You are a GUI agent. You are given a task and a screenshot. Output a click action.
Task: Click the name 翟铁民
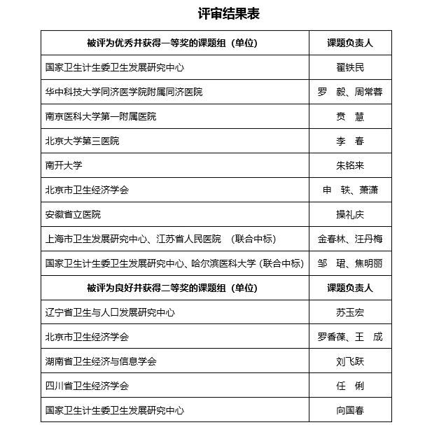click(350, 67)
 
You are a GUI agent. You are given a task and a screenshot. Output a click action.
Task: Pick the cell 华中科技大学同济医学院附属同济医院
click(124, 92)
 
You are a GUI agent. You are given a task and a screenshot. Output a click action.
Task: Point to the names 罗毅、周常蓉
click(350, 92)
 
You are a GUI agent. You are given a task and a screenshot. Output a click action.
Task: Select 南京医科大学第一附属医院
click(101, 116)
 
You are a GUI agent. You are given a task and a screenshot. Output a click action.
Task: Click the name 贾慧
click(350, 116)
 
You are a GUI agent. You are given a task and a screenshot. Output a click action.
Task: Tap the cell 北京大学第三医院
click(82, 141)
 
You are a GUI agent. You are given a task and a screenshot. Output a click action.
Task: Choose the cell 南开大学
click(64, 165)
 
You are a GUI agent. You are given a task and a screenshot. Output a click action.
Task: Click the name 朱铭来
click(350, 165)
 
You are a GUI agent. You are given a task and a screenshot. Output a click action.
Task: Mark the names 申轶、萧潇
click(350, 190)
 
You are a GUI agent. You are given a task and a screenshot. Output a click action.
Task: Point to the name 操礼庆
click(350, 214)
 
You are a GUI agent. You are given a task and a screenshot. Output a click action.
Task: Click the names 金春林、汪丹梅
click(350, 239)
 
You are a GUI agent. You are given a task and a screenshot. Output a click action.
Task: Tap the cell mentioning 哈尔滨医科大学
click(174, 263)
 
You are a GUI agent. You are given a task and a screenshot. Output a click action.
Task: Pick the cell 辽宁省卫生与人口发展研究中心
click(110, 312)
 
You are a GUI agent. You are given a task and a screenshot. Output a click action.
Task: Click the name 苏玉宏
click(350, 312)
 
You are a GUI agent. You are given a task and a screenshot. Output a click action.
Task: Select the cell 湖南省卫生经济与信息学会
click(101, 361)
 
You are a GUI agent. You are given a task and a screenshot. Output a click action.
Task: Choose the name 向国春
click(350, 410)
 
